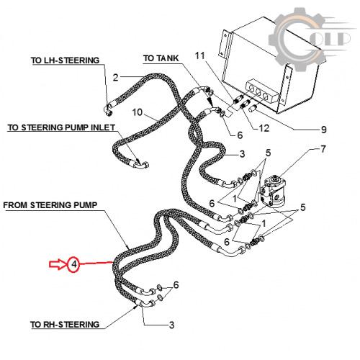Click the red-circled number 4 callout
(74, 264)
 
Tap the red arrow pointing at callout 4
(57, 264)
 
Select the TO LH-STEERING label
(65, 60)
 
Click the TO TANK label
(161, 58)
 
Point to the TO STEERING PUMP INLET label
(61, 127)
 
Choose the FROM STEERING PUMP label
(50, 205)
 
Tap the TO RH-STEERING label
(65, 325)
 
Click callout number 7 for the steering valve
(323, 149)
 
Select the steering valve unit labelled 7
(272, 191)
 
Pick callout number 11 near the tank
(199, 55)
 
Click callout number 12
(264, 128)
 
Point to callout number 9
(324, 130)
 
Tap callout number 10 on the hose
(138, 112)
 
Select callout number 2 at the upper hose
(115, 78)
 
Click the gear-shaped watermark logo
(297, 38)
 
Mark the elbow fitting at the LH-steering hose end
(109, 110)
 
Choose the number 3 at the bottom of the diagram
(171, 325)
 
